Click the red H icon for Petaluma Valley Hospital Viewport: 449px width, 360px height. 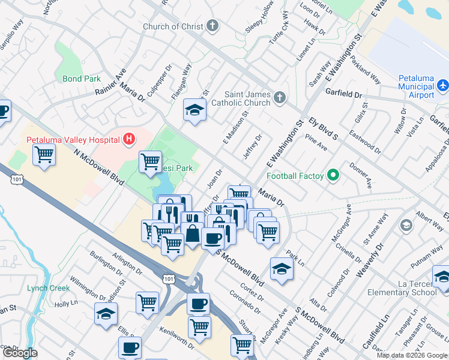pyautogui.click(x=128, y=140)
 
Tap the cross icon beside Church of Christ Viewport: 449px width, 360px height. pyautogui.click(x=211, y=26)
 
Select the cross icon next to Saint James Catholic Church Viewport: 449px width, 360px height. pyautogui.click(x=279, y=98)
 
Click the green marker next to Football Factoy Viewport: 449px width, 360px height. pyautogui.click(x=334, y=176)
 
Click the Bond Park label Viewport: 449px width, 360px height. pyautogui.click(x=82, y=79)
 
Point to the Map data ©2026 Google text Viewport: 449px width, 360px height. pyautogui.click(x=412, y=355)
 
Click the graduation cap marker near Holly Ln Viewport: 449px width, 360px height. pyautogui.click(x=106, y=313)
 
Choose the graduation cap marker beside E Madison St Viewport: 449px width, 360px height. pyautogui.click(x=194, y=109)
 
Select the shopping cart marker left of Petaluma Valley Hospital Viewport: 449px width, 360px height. pyautogui.click(x=44, y=155)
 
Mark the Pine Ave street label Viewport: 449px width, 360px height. pyautogui.click(x=316, y=146)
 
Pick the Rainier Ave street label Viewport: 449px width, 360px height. pyautogui.click(x=110, y=82)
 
